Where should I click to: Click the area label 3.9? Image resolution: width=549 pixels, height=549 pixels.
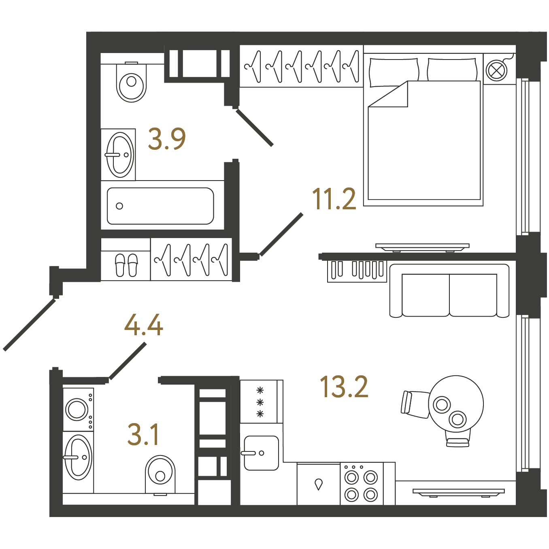coord(167,139)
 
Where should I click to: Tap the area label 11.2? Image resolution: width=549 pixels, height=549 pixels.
coord(334,199)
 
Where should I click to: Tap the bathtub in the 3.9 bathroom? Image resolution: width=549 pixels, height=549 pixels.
coord(160,206)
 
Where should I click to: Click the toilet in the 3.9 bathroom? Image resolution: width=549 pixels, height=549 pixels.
coord(131,82)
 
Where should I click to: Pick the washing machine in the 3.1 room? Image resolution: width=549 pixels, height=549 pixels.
coord(79,409)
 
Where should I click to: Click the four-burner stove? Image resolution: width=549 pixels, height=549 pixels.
coord(361,487)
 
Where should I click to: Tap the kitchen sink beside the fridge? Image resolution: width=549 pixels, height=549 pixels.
coord(261,453)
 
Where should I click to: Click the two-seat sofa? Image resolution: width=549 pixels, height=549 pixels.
coord(449,291)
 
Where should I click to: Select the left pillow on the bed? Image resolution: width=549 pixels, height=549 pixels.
coord(394,72)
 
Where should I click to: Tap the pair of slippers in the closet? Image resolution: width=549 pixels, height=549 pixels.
coord(126,265)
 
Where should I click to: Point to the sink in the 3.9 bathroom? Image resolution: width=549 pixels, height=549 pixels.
coord(120,155)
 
